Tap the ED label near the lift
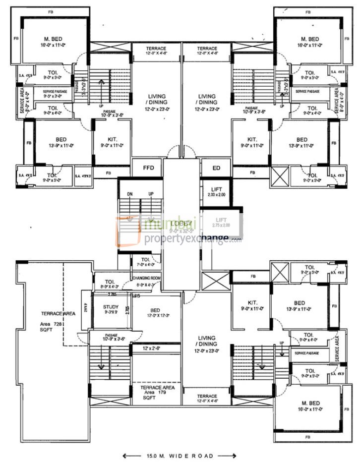(x=216, y=168)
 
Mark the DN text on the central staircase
(x=130, y=194)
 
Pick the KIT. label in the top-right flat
(x=252, y=142)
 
